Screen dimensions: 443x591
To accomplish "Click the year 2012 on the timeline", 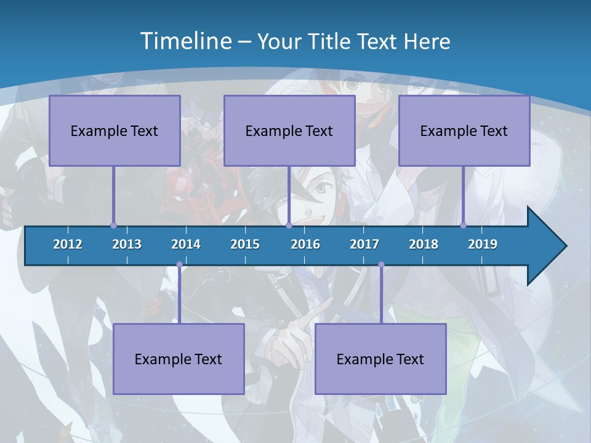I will coord(68,244).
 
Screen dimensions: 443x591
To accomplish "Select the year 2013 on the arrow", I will coord(127,244).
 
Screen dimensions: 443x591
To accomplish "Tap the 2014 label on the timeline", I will coord(186,244).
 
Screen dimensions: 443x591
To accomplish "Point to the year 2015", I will coord(245,244).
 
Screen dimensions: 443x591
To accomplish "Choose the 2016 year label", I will coord(305,244).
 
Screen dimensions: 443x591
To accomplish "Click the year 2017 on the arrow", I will coord(364,244).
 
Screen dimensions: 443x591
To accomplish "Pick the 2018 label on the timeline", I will coord(424,244).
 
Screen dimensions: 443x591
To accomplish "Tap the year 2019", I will coord(483,244).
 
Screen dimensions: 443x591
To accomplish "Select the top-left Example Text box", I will coord(115,130).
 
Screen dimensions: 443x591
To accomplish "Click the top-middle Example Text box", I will coord(289,130).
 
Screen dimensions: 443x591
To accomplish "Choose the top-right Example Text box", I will coord(464,130).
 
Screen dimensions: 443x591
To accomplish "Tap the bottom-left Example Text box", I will coord(179,359).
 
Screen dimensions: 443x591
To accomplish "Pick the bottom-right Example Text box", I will coord(380,359).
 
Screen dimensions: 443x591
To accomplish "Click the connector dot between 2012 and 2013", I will coord(114,225).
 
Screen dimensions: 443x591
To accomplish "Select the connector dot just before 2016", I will coord(289,225).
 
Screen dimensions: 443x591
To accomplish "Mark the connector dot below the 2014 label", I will coord(179,265).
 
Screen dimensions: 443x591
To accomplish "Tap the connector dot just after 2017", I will coord(381,265).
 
